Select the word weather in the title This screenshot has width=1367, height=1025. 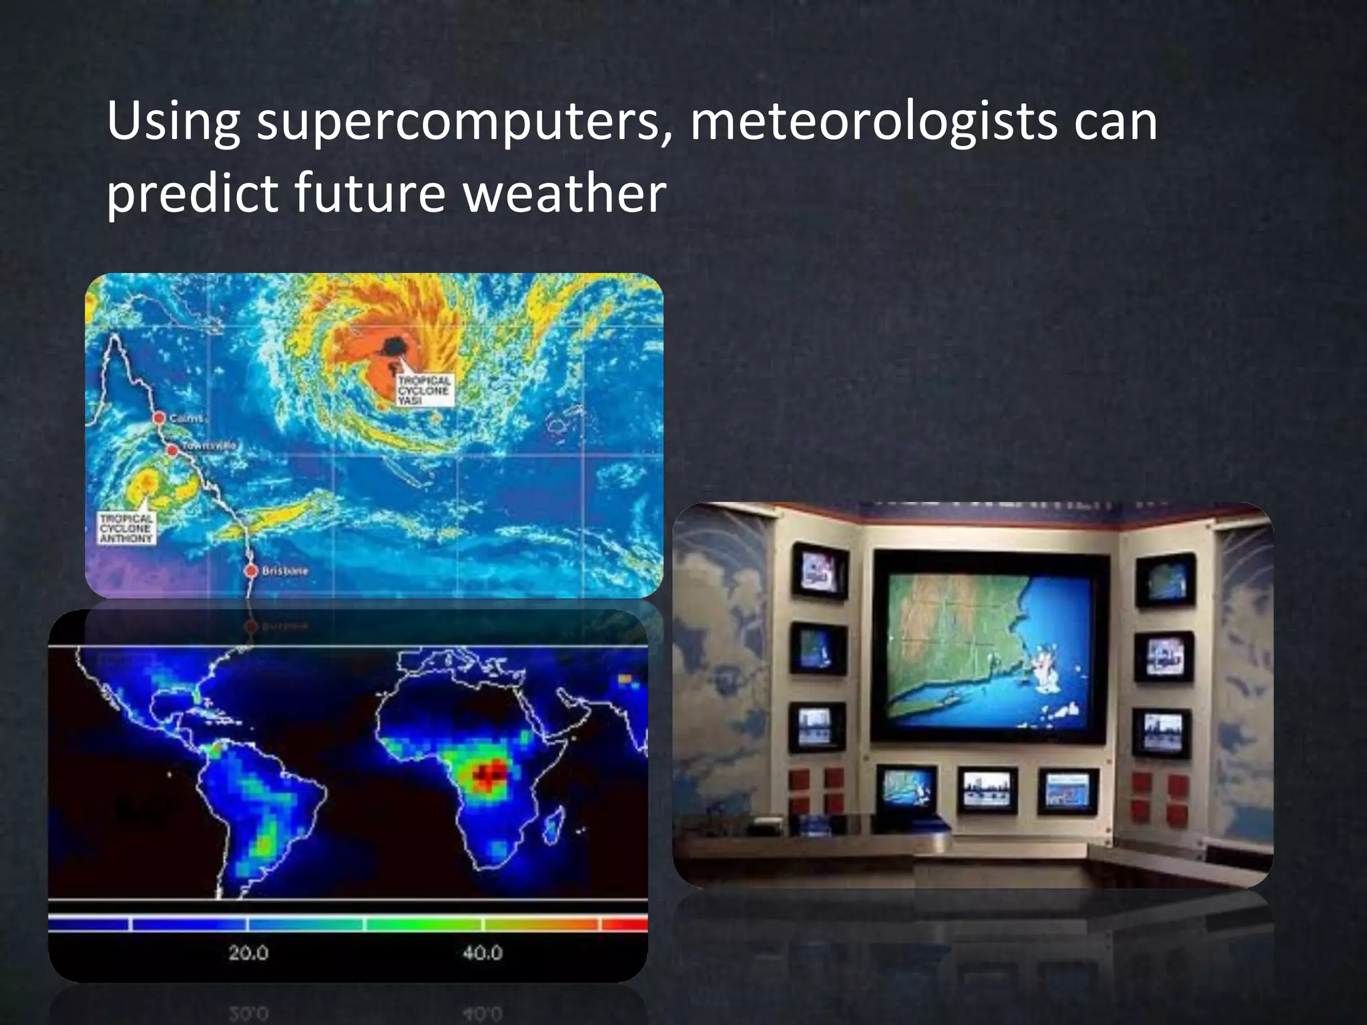564,194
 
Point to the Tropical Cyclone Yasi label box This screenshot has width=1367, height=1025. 424,390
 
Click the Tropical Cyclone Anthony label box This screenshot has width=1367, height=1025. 127,527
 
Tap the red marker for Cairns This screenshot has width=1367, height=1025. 159,418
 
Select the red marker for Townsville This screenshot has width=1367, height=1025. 172,450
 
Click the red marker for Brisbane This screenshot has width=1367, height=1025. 251,571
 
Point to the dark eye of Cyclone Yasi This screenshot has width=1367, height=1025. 394,346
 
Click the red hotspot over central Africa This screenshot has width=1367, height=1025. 491,773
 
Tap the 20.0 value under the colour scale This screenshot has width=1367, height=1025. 248,953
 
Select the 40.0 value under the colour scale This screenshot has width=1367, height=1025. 482,953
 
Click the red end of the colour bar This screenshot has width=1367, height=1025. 625,924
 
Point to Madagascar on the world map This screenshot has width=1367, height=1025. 553,825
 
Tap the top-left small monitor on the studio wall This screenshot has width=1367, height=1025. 820,571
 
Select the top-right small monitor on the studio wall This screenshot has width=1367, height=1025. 1165,578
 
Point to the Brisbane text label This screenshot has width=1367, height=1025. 285,571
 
